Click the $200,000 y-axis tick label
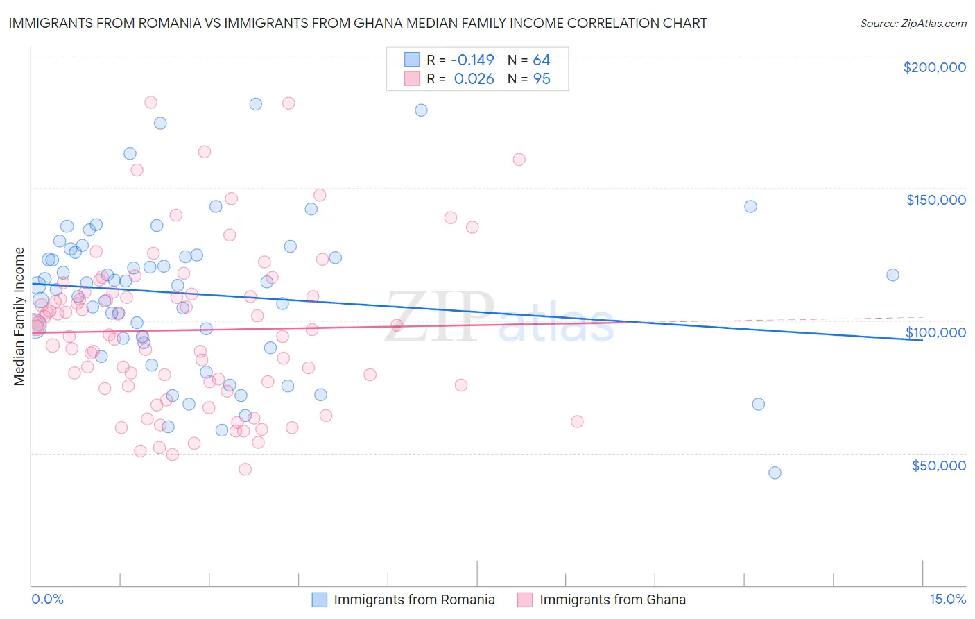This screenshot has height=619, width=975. [x=934, y=67]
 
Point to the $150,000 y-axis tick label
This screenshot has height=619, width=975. [x=935, y=200]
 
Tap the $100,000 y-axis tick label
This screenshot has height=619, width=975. [x=935, y=332]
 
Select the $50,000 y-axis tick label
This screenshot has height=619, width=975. [x=938, y=465]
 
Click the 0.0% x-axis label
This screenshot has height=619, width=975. [x=47, y=599]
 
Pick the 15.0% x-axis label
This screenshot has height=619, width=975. [x=947, y=599]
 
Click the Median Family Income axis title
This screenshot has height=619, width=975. [x=19, y=316]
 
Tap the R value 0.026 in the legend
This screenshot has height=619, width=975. [x=474, y=79]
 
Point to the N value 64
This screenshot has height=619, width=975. [x=541, y=60]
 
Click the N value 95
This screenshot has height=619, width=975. [x=541, y=79]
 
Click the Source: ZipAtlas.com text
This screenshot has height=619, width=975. [x=913, y=24]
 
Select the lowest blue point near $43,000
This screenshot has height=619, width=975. [x=775, y=473]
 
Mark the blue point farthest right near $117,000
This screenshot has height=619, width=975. [x=892, y=275]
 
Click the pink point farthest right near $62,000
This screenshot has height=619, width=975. [x=577, y=421]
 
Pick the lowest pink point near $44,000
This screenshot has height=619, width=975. [x=245, y=469]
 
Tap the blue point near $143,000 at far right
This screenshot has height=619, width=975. [x=750, y=206]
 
